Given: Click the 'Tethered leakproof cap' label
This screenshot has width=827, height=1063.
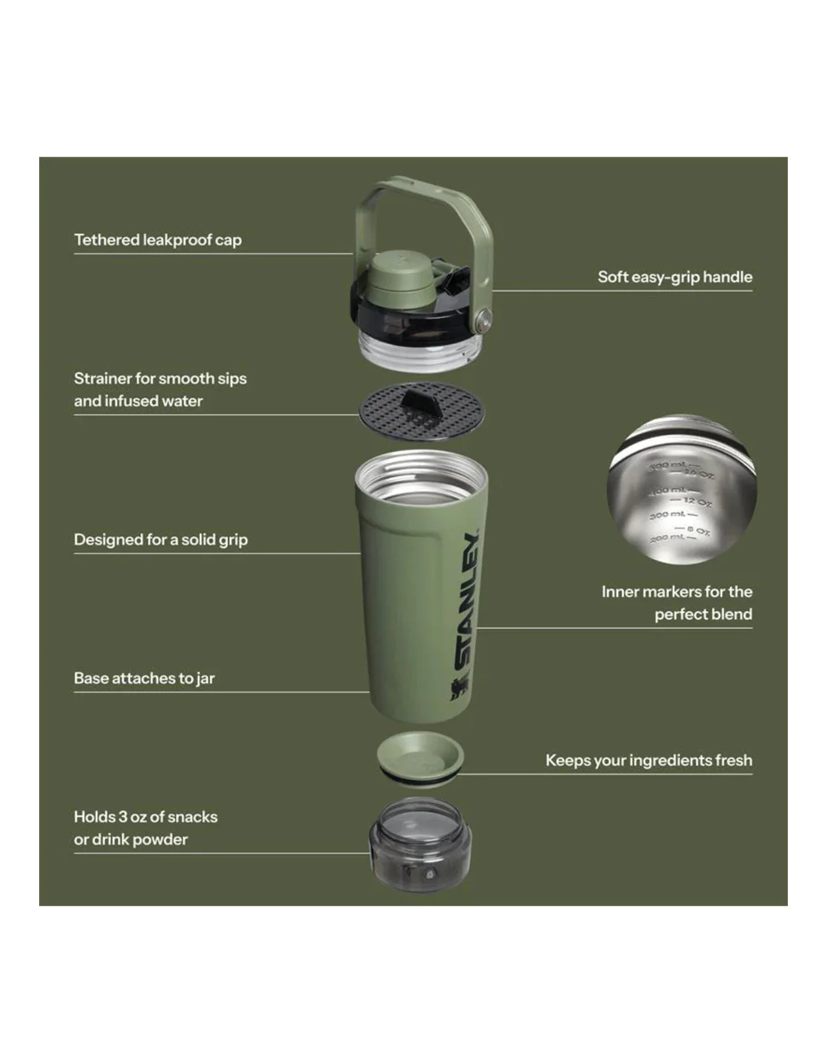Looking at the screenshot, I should (157, 240).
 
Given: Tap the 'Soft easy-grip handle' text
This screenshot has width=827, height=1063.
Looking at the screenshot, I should (674, 277).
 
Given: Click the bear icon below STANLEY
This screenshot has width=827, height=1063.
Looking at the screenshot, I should (459, 689).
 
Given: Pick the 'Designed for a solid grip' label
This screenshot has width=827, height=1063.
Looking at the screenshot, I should (160, 539).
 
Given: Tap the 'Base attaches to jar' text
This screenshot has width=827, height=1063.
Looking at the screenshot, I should (143, 678).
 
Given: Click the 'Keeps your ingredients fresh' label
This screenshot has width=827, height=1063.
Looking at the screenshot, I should (648, 760).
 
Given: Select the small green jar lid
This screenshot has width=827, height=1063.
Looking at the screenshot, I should (420, 755).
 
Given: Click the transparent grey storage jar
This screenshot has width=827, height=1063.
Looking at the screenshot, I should (420, 845).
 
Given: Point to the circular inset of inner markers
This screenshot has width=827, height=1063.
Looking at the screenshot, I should (682, 490).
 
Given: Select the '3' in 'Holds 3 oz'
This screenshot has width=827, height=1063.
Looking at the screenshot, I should (122, 817).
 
